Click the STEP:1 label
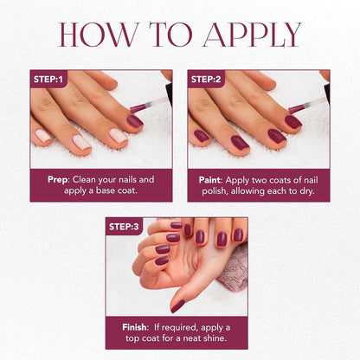[48, 79]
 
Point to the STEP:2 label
[207, 79]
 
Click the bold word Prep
[57, 179]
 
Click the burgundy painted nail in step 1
[135, 120]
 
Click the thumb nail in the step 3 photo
[177, 305]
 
